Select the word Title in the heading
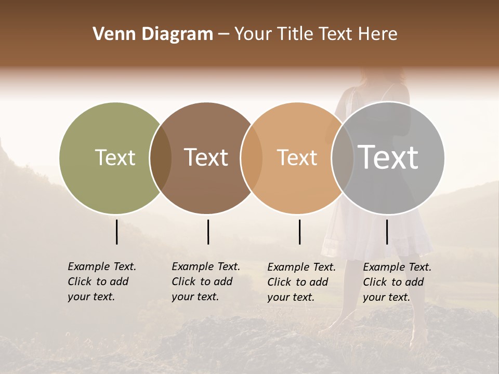coord(298,34)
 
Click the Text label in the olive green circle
coord(115,157)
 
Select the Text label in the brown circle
coord(206,157)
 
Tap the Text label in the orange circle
coord(297,157)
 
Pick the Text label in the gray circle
coord(388,157)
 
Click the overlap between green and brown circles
coord(161,158)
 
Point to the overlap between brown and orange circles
coord(252,158)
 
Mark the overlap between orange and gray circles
coord(342,158)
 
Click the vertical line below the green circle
coord(117,232)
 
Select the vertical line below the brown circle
coord(208,232)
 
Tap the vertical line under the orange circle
coord(299,232)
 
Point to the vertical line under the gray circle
coord(387,232)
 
